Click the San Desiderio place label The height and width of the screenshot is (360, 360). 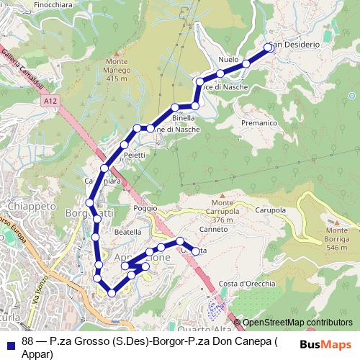click(297, 45)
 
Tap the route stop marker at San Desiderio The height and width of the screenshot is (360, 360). click(269, 48)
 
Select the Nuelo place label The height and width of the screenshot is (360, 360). click(228, 60)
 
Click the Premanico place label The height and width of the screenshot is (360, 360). click(260, 123)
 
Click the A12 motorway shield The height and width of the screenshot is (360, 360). click(49, 103)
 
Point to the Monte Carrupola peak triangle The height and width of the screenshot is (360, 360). click(222, 194)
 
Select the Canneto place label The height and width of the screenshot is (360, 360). click(214, 230)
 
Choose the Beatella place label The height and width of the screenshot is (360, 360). click(128, 233)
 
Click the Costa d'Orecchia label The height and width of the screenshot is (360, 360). click(247, 283)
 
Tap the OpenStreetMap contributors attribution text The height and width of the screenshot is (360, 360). click(297, 323)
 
